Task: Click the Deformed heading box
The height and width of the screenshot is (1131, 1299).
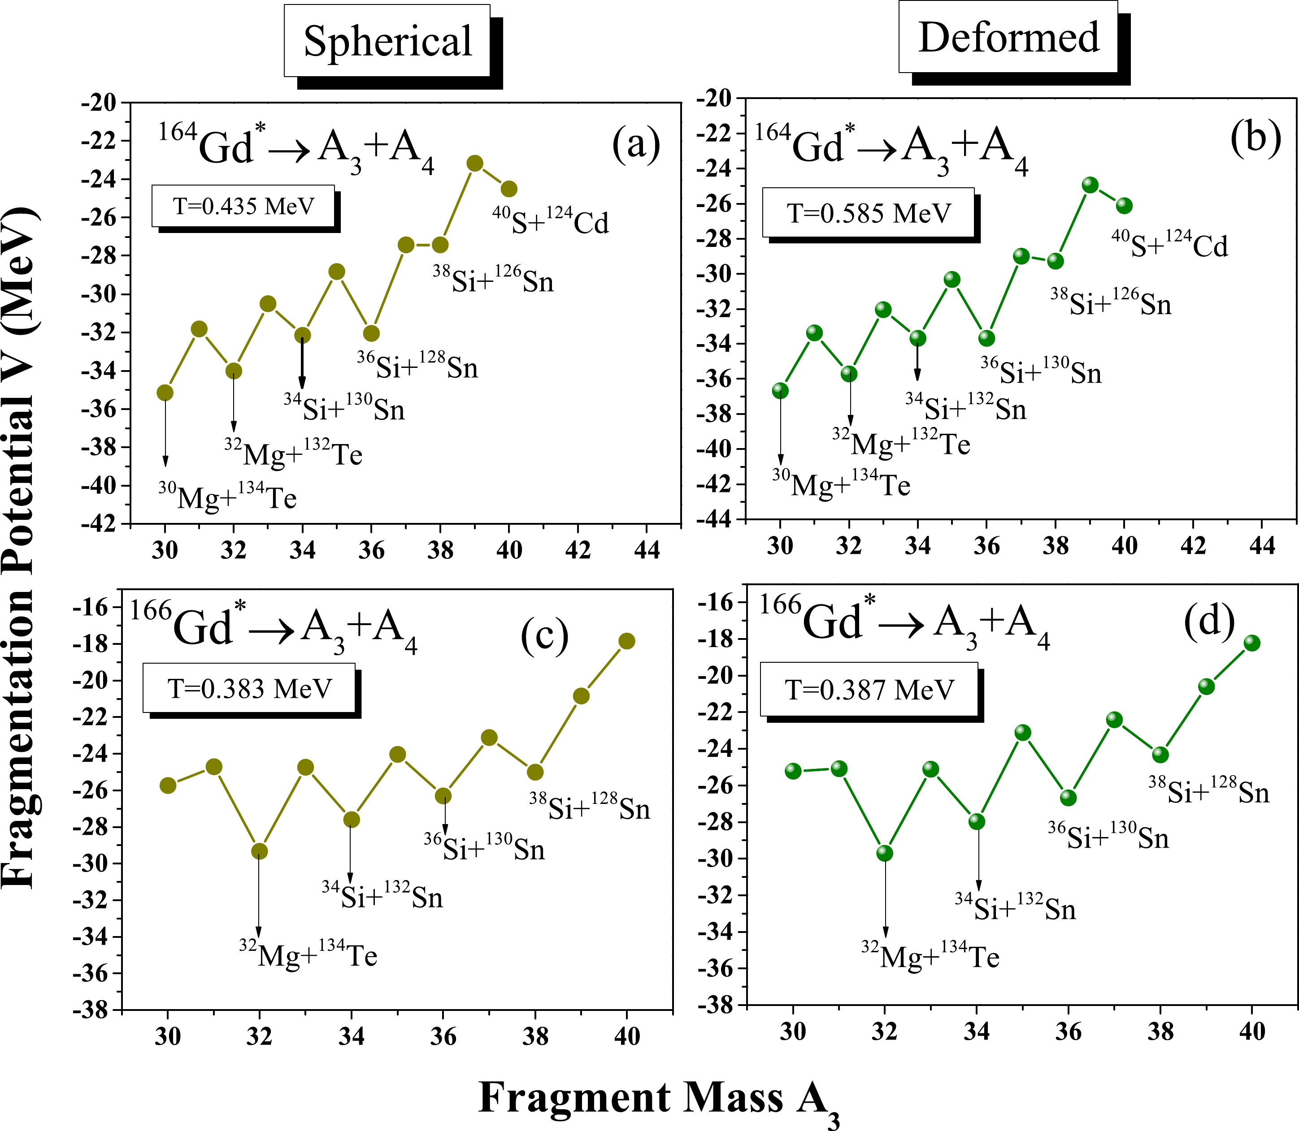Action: point(1008,37)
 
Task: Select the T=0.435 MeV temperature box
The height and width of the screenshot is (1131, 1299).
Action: point(243,206)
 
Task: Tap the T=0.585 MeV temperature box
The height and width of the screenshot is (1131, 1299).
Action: point(868,213)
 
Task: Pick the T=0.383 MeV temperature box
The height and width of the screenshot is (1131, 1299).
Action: point(249,688)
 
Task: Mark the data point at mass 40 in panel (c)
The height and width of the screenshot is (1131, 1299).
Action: point(626,641)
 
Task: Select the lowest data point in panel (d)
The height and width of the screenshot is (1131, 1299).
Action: point(885,853)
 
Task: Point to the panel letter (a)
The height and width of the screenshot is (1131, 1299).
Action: point(635,144)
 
